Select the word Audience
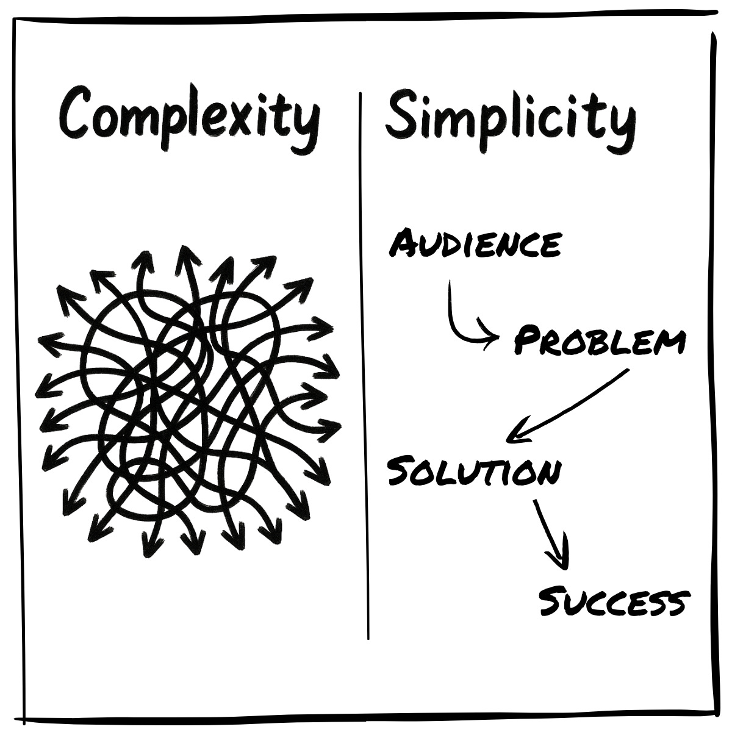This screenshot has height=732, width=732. tap(475, 244)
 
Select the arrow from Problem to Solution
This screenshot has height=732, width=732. tap(567, 406)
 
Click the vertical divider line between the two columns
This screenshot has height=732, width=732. tap(364, 366)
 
